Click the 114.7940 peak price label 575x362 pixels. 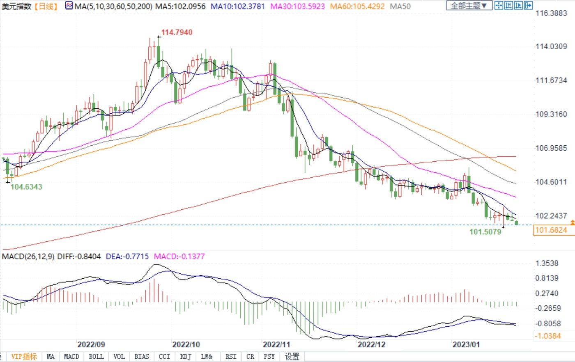click(x=177, y=32)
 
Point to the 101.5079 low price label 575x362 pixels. click(x=485, y=232)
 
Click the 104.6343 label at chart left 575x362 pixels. click(x=26, y=187)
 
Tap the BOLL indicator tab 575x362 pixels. click(x=96, y=357)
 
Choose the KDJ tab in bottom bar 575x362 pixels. click(x=186, y=357)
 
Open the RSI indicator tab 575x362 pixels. click(x=231, y=357)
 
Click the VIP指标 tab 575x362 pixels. click(x=24, y=357)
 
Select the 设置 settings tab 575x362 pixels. click(x=292, y=357)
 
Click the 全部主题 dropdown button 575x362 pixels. click(x=469, y=6)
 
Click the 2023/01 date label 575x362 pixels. click(x=466, y=344)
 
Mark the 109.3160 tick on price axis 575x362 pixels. click(x=551, y=114)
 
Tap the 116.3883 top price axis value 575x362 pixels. click(x=551, y=13)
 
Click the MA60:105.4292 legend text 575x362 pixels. click(x=357, y=7)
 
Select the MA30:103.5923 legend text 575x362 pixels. click(x=297, y=7)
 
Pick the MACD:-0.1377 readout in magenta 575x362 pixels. click(x=179, y=257)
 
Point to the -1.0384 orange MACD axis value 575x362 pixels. click(x=548, y=336)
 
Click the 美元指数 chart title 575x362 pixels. click(x=16, y=7)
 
